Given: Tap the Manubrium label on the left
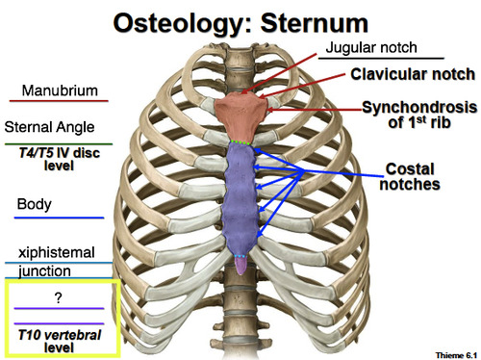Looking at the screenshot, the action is (x=55, y=90).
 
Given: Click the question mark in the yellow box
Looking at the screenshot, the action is (x=60, y=297).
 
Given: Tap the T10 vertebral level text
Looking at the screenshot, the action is (x=60, y=340).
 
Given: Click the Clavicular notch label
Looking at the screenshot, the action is (x=411, y=74).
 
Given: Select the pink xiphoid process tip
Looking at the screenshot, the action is (x=241, y=264).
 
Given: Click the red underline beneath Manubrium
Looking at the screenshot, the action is (x=56, y=103).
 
